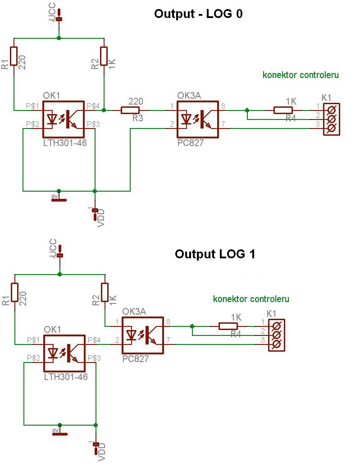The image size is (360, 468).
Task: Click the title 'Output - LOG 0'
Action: (198, 14)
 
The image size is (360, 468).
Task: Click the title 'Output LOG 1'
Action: (215, 254)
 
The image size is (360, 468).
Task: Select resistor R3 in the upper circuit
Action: (130, 110)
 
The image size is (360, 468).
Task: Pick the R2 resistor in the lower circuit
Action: (105, 292)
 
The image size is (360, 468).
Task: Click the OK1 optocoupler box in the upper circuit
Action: (63, 119)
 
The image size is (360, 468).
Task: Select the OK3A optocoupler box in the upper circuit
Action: (197, 119)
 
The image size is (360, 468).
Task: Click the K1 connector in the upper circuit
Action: (332, 119)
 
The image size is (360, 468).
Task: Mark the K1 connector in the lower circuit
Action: (277, 335)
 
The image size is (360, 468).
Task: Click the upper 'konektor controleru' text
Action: (301, 75)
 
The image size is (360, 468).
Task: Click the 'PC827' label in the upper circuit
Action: (190, 143)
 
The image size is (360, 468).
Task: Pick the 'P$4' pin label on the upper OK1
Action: (93, 106)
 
